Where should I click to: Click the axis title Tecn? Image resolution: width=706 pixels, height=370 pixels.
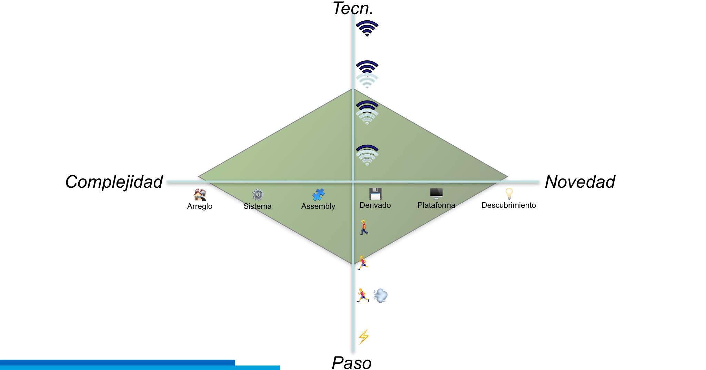pyautogui.click(x=353, y=9)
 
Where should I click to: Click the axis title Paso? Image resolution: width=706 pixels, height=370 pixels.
pyautogui.click(x=351, y=363)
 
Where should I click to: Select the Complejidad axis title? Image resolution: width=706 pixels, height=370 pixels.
pyautogui.click(x=114, y=182)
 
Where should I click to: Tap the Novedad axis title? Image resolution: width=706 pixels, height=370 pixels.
pyautogui.click(x=580, y=182)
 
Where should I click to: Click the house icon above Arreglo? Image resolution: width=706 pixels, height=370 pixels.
pyautogui.click(x=200, y=195)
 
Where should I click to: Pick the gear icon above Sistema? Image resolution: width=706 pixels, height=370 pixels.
pyautogui.click(x=258, y=195)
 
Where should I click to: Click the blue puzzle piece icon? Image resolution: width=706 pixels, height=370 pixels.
pyautogui.click(x=318, y=195)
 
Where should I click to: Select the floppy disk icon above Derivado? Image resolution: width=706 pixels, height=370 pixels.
pyautogui.click(x=375, y=194)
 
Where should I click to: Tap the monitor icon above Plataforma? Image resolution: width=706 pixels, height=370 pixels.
pyautogui.click(x=436, y=194)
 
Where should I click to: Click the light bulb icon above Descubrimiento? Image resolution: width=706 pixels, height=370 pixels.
pyautogui.click(x=509, y=194)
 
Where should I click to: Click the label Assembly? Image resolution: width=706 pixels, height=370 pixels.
pyautogui.click(x=318, y=206)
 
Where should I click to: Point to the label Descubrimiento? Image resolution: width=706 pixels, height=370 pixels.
pyautogui.click(x=508, y=205)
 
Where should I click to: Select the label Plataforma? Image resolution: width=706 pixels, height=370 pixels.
pyautogui.click(x=436, y=205)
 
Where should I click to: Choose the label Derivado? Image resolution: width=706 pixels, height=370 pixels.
pyautogui.click(x=375, y=205)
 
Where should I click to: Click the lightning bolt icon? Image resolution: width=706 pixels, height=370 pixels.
pyautogui.click(x=364, y=337)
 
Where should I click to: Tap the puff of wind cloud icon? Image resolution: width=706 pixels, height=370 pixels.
pyautogui.click(x=381, y=296)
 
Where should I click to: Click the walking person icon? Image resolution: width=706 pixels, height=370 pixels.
pyautogui.click(x=364, y=227)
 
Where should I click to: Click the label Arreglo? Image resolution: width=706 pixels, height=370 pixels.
pyautogui.click(x=200, y=206)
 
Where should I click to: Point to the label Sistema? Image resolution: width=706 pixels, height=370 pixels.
pyautogui.click(x=257, y=206)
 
